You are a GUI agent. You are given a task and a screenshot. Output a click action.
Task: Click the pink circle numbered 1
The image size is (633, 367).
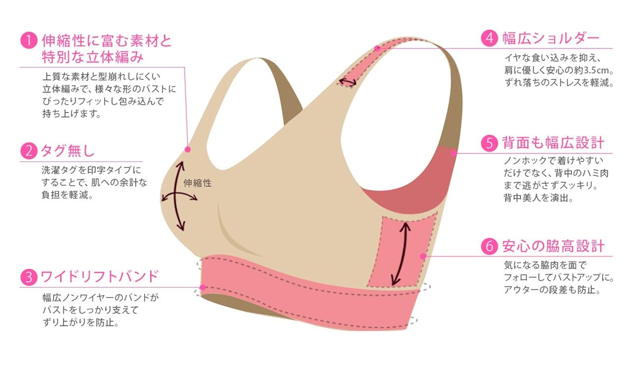click(29, 40)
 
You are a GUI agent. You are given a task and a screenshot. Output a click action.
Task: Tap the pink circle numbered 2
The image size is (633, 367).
click(29, 150)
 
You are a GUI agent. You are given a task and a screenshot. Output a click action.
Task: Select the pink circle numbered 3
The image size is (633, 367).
click(29, 276)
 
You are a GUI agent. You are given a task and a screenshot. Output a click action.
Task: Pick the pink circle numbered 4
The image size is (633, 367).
click(490, 39)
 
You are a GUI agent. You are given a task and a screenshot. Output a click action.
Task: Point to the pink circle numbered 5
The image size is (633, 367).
click(490, 143)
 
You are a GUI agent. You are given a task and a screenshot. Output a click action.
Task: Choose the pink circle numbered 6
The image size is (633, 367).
click(490, 246)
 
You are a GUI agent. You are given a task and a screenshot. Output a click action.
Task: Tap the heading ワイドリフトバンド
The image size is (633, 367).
click(99, 276)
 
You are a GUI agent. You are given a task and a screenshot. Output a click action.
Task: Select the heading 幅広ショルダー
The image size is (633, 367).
click(550, 39)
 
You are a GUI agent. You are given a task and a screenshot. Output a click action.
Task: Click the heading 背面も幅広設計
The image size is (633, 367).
click(553, 143)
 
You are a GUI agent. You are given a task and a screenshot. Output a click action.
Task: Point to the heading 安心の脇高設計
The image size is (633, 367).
click(553, 246)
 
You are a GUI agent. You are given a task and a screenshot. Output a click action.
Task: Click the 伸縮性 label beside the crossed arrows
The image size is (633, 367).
click(197, 183)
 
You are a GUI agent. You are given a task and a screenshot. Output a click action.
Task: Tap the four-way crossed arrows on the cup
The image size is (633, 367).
click(180, 195)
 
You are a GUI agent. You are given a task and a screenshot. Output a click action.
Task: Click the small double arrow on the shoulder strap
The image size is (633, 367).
click(347, 82)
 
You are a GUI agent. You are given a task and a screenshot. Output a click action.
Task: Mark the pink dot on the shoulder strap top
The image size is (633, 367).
click(377, 48)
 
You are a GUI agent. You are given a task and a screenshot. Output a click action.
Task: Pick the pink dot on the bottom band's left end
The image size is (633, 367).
click(202, 287)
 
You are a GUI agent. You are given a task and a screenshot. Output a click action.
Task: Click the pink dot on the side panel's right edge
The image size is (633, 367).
click(422, 256)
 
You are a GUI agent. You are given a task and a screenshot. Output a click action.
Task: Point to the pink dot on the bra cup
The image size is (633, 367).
click(187, 149)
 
